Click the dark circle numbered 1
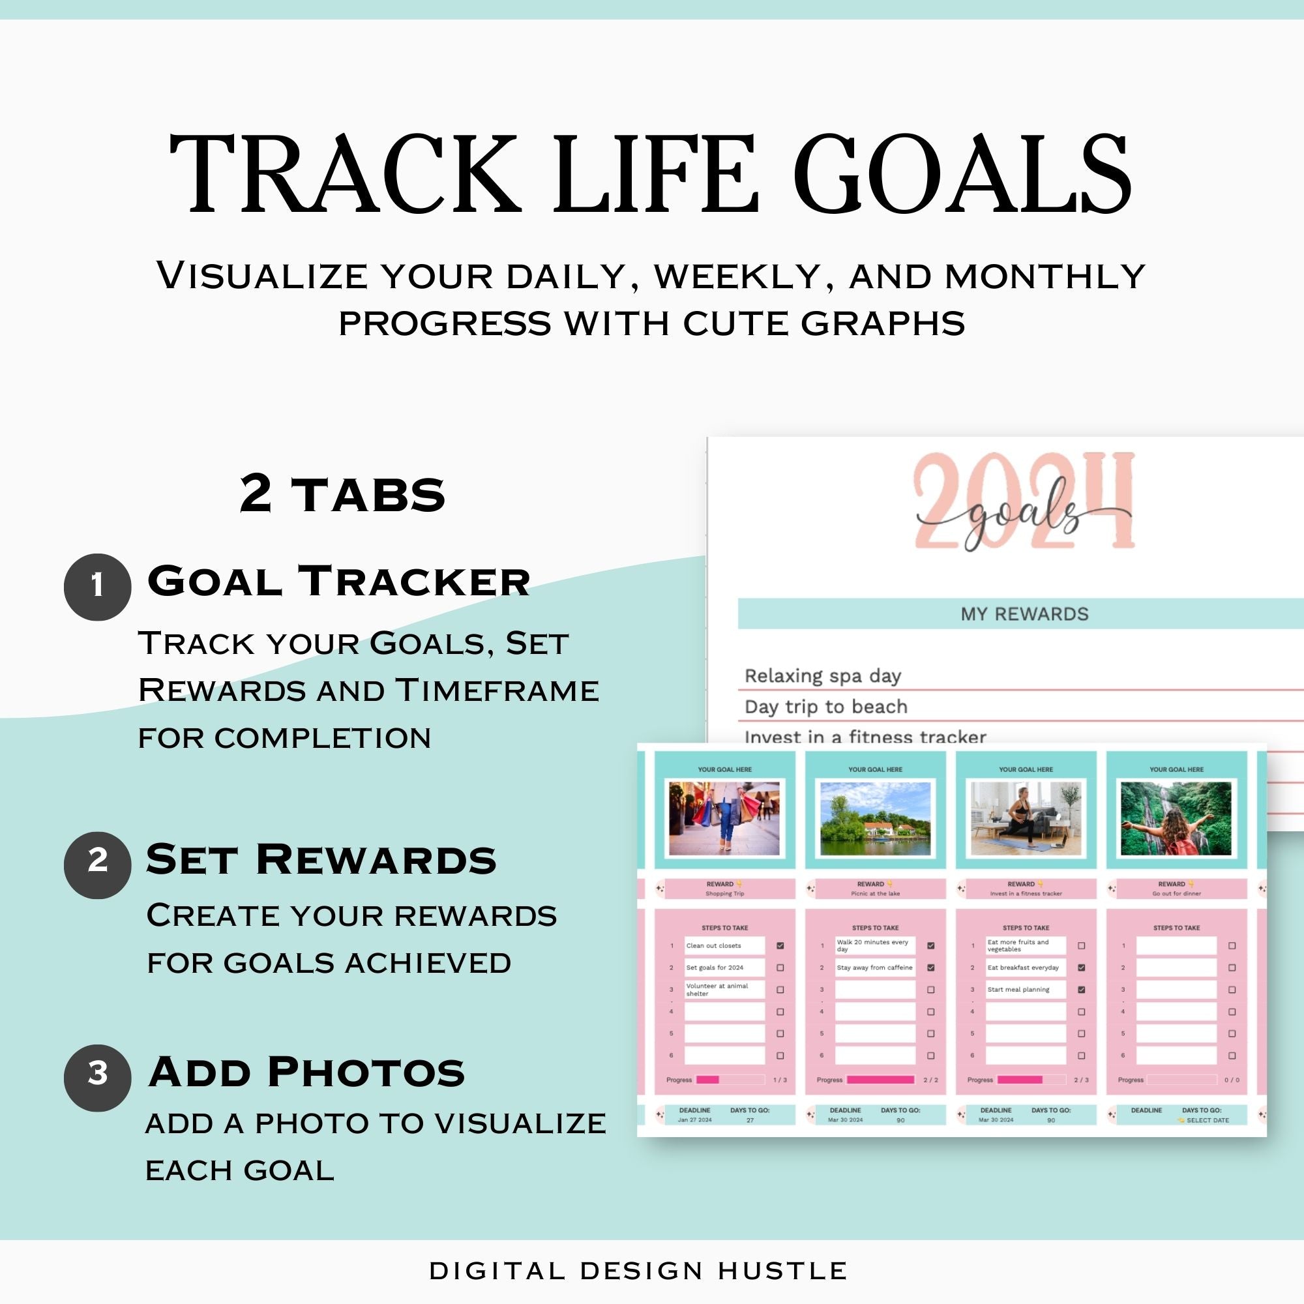click(x=97, y=587)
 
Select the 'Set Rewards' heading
click(x=321, y=859)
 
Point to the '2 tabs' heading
click(x=342, y=494)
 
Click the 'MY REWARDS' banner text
click(x=1024, y=614)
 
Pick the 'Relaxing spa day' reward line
click(x=823, y=675)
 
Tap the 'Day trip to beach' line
click(x=825, y=707)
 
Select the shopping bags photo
click(x=724, y=818)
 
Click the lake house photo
click(x=875, y=818)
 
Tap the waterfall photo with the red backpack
click(x=1176, y=818)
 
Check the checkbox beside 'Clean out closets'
click(x=780, y=945)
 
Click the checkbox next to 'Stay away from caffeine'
click(x=931, y=967)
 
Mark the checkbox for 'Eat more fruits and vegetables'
click(x=1081, y=945)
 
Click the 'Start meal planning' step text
click(x=1018, y=990)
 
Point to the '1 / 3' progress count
click(x=780, y=1080)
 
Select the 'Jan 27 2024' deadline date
click(x=694, y=1120)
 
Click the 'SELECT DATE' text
click(x=1208, y=1120)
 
